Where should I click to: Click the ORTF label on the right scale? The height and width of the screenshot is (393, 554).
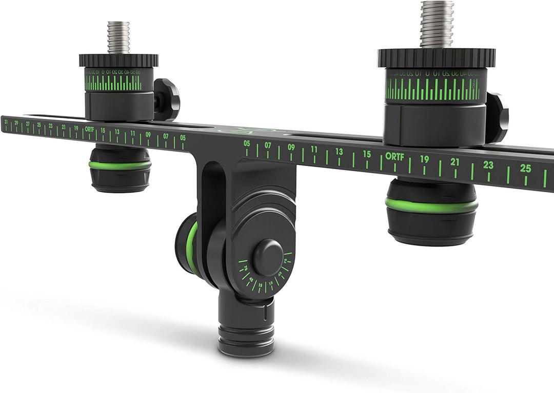395,156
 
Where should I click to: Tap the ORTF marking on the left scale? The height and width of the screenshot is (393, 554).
90,130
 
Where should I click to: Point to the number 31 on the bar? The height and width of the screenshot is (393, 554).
6,122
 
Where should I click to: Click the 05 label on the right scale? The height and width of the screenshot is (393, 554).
247,143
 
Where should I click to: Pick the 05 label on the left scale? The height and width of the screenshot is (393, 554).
183,137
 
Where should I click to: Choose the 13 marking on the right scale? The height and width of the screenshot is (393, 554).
339,151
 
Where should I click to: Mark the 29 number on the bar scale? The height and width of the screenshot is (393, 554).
16,123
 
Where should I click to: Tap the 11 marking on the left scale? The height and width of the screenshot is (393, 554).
132,133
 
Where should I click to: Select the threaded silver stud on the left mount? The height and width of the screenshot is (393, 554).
118,37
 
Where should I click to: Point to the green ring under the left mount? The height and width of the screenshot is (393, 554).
120,165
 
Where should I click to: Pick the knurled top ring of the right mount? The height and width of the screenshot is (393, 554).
437,57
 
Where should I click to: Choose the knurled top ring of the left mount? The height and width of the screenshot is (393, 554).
118,60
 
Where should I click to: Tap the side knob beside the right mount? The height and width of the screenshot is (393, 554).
497,118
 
